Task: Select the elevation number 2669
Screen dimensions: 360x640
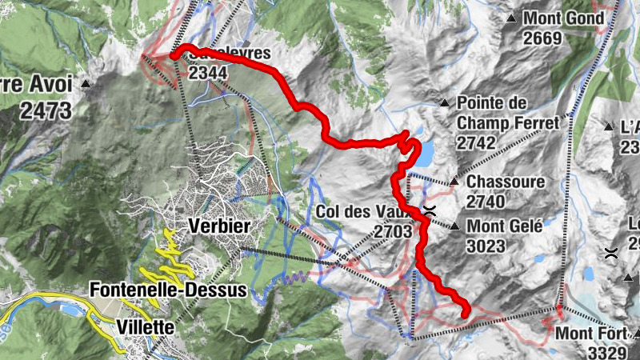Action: [x=545, y=37]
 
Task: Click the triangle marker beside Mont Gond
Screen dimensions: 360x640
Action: [x=511, y=18]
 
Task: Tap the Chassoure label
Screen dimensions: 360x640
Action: [x=506, y=182]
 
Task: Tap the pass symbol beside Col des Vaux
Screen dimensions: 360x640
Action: [x=430, y=212]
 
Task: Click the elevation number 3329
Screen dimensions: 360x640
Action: [x=607, y=351]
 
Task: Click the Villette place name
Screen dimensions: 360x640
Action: [x=146, y=326]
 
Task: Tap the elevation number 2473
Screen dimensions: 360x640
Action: [x=46, y=110]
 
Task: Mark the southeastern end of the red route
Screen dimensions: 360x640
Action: [x=465, y=314]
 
